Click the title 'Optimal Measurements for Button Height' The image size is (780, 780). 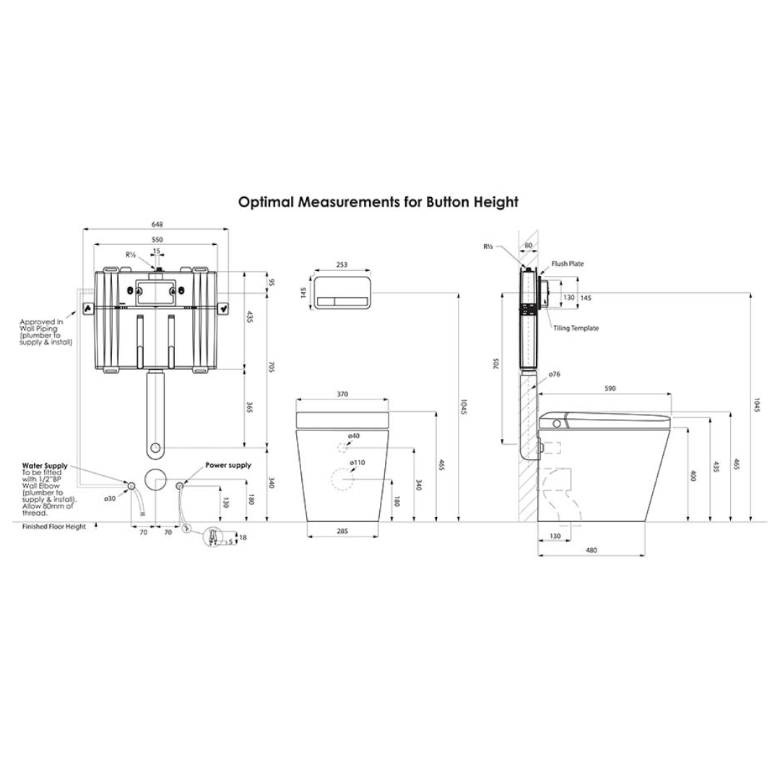click(x=378, y=202)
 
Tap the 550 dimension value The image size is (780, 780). click(x=156, y=239)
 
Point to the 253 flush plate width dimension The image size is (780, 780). click(x=342, y=265)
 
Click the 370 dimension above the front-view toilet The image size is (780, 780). click(x=342, y=394)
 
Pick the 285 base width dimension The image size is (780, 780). click(x=342, y=531)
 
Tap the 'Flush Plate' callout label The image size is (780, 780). click(x=568, y=264)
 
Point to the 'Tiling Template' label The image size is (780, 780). click(x=576, y=328)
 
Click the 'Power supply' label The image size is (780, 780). click(x=228, y=466)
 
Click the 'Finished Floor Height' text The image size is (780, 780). click(x=53, y=526)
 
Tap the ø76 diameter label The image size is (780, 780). click(x=554, y=374)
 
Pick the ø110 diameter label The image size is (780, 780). click(x=357, y=462)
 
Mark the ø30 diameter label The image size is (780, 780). click(x=110, y=498)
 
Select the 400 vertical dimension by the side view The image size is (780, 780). click(x=692, y=476)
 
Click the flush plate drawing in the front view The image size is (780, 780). click(x=342, y=292)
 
